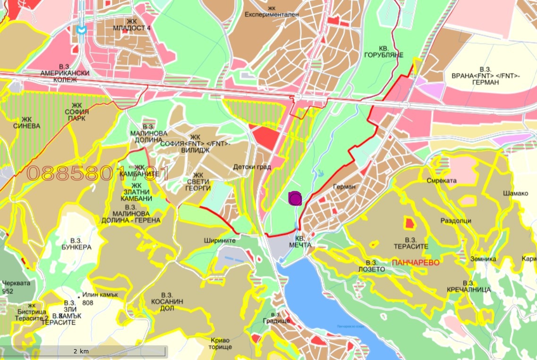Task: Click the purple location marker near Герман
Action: pos(295,198)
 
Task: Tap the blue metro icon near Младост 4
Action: pos(81,29)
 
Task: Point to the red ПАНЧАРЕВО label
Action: pos(416,262)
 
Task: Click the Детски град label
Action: pos(252,167)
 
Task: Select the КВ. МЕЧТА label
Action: pos(304,242)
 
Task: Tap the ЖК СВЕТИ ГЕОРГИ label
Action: pos(198,181)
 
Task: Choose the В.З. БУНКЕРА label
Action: pos(76,243)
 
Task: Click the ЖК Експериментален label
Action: pos(272,11)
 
